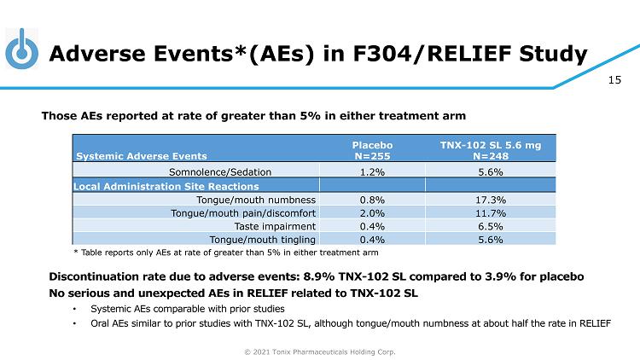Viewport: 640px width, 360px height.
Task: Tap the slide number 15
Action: pos(614,81)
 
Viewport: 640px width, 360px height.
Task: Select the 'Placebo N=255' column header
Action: pos(371,150)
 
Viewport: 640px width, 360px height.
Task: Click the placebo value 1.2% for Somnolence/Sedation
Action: pos(371,171)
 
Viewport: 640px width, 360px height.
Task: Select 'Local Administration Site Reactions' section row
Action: pos(166,185)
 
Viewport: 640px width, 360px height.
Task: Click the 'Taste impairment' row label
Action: pos(274,226)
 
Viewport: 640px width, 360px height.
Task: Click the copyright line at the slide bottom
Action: pos(320,351)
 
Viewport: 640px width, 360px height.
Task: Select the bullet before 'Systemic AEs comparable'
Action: pos(74,308)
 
